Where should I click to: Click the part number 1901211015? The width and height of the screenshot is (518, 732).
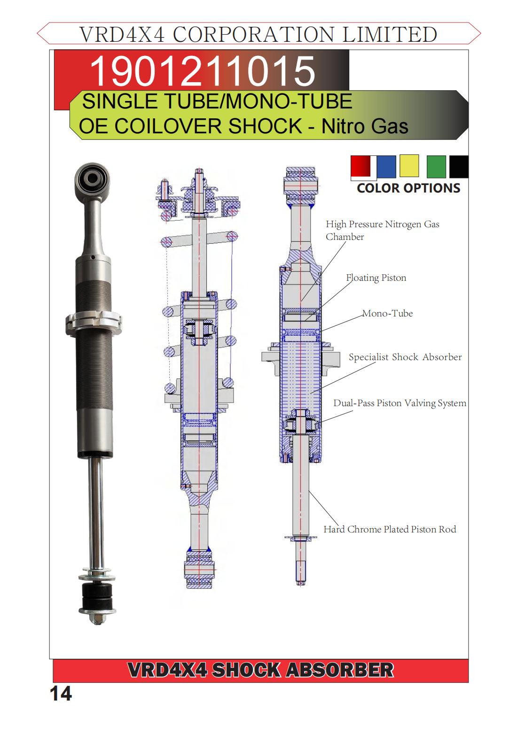coord(202,70)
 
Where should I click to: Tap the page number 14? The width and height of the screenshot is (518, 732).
coord(61,693)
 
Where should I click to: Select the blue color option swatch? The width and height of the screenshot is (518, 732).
coord(386,167)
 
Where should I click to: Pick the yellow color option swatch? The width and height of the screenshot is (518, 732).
coord(409,166)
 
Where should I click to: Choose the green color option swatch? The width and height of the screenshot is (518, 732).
coord(436,167)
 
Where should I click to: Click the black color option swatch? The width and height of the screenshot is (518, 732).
coord(459,167)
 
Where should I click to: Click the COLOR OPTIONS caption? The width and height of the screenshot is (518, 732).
coord(408,188)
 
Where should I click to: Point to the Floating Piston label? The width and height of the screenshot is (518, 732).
coord(376,278)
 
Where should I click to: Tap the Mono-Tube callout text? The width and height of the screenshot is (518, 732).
coord(387,314)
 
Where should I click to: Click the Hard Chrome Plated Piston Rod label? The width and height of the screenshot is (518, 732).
coord(390,530)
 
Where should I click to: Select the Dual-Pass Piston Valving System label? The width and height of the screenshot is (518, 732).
coord(400,403)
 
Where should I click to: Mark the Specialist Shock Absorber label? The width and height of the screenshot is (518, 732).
coord(405,357)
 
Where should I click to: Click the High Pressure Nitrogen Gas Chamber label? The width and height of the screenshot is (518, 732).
coord(382,230)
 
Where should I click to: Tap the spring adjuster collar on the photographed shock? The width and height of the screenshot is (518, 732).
coord(93,322)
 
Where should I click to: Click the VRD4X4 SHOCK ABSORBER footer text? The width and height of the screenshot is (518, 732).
coord(260,670)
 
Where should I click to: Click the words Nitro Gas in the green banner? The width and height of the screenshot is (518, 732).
coord(365,127)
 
